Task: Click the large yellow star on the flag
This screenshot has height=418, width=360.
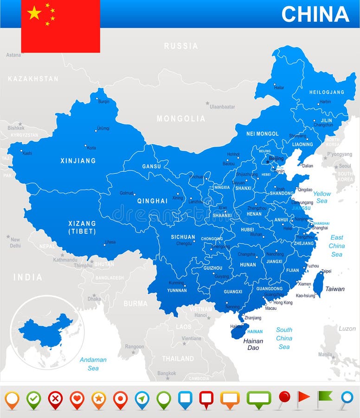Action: tap(34, 13)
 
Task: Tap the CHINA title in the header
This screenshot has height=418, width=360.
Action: tap(315, 14)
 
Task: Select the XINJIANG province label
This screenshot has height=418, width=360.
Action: tap(78, 161)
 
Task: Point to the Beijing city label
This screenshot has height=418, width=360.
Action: tap(276, 158)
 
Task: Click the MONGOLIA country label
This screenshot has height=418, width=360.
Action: tap(181, 119)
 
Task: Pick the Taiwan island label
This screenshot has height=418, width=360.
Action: tap(334, 289)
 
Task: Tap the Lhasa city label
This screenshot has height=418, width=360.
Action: tap(110, 242)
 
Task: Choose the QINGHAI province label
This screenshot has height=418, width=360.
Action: tap(152, 201)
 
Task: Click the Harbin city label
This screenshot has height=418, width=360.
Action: tap(325, 102)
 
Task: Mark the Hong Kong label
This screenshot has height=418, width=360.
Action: tap(283, 302)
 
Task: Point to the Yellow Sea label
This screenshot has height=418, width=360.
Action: tap(322, 197)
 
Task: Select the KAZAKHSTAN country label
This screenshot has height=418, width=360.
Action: tap(33, 79)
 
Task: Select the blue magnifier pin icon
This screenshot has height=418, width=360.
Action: tap(346, 398)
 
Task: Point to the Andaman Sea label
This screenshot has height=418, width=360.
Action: tap(93, 364)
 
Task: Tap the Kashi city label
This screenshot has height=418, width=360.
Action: tap(27, 153)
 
